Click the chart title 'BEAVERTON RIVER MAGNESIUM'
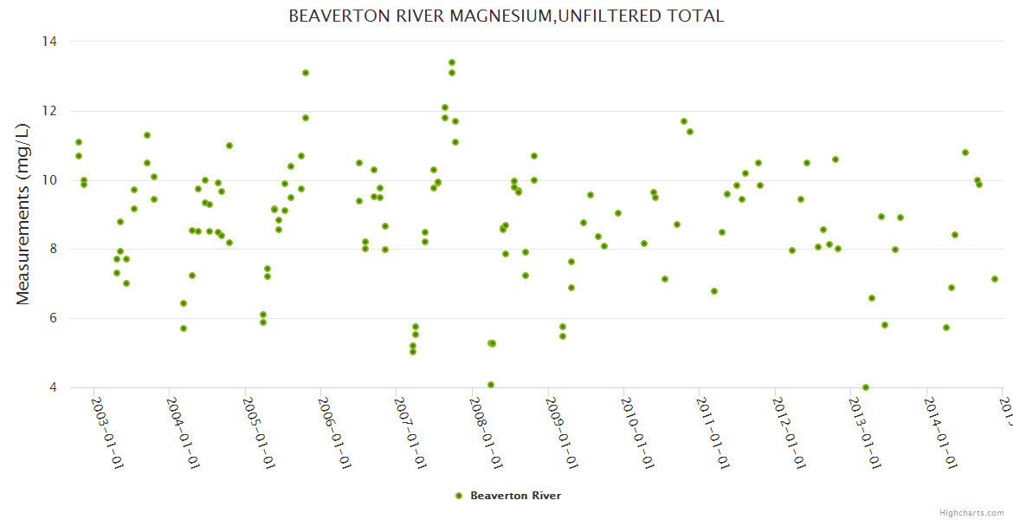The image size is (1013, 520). (x=506, y=16)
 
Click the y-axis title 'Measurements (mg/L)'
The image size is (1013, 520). (x=23, y=214)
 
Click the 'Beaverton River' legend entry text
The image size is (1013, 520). (x=515, y=496)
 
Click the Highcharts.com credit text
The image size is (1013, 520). (x=972, y=512)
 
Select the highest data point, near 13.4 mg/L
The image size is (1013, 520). (x=452, y=62)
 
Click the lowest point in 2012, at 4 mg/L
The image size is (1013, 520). (x=866, y=387)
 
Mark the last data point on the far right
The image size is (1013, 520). (x=995, y=279)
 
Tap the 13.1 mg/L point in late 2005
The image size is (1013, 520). (x=306, y=73)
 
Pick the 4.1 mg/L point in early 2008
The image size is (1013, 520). (x=491, y=385)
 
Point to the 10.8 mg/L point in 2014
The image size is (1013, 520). (x=965, y=153)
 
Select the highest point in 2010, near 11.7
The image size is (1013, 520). (x=684, y=121)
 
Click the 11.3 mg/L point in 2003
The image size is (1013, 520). (x=147, y=135)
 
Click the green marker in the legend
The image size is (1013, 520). (x=459, y=496)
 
